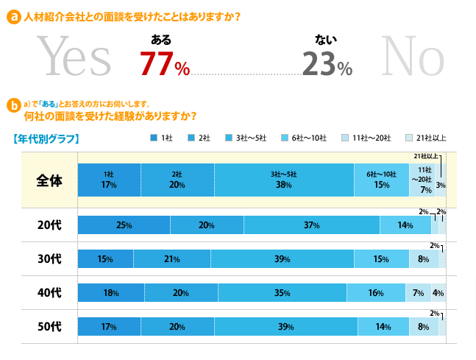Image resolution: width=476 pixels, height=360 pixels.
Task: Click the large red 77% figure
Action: pyautogui.click(x=165, y=64)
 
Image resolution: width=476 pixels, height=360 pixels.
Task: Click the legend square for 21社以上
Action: pyautogui.click(x=408, y=138)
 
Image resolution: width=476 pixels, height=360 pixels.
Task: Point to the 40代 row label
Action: pyautogui.click(x=49, y=293)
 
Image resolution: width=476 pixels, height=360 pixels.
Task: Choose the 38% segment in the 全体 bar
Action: pyautogui.click(x=284, y=180)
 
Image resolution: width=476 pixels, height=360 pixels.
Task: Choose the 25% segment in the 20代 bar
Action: pyautogui.click(x=124, y=225)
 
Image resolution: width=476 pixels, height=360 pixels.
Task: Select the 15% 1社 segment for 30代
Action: pyautogui.click(x=105, y=259)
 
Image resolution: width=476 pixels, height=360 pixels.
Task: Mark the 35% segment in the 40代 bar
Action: pyautogui.click(x=280, y=293)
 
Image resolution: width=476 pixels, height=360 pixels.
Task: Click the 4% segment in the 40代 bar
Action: pyautogui.click(x=438, y=293)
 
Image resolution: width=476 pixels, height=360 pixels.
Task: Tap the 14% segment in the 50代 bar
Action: pyautogui.click(x=383, y=327)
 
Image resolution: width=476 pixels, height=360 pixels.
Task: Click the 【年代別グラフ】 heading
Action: pyautogui.click(x=46, y=138)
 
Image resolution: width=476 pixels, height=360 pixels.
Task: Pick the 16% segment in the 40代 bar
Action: pyautogui.click(x=375, y=293)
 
